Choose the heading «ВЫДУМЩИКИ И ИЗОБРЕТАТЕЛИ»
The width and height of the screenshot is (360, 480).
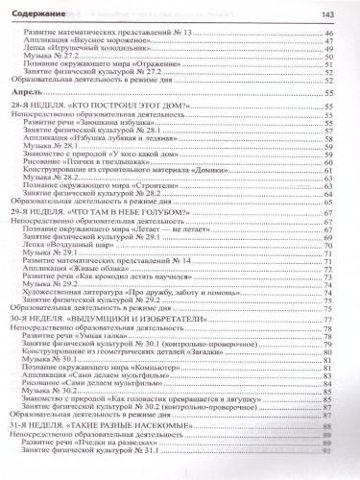click(x=119, y=344)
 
